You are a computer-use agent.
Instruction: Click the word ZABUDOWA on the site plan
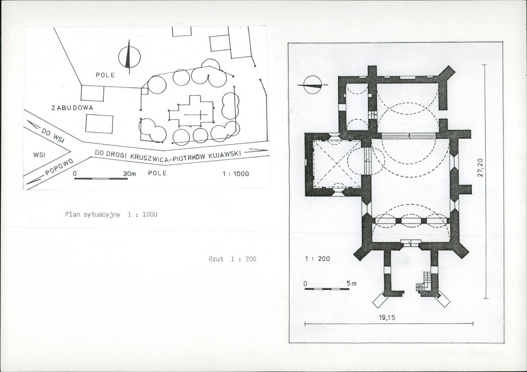coord(72,108)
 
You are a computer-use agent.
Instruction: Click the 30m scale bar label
coord(129,173)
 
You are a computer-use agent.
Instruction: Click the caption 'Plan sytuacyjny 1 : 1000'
coord(111,214)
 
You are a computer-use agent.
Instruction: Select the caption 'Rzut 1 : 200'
coord(232,259)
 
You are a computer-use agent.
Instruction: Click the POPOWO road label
coord(59,167)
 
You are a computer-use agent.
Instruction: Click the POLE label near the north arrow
coord(105,75)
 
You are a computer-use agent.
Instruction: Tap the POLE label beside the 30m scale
coord(157,173)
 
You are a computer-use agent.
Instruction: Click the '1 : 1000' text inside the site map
coord(236,173)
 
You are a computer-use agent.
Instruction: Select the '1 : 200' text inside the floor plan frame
coord(317,259)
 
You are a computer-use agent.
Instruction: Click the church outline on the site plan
coord(191,111)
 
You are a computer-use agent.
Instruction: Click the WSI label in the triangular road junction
coord(40,155)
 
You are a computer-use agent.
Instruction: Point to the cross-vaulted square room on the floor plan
coord(337,164)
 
